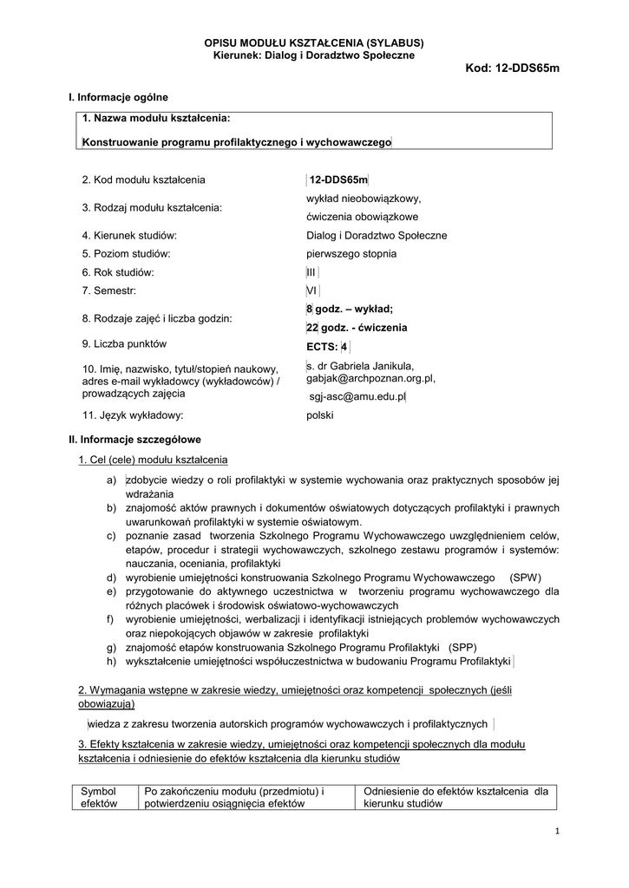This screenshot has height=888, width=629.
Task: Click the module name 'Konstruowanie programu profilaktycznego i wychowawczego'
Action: pos(236,140)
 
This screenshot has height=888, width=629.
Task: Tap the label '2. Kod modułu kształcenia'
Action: pos(143,180)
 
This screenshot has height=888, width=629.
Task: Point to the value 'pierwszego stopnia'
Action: pos(351,254)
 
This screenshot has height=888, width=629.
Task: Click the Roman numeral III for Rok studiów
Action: pos(312,272)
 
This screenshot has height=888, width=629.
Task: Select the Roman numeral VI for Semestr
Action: pos(312,291)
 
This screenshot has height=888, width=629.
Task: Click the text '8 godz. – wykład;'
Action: pos(350,310)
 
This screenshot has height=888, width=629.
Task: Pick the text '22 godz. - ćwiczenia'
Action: pos(356,328)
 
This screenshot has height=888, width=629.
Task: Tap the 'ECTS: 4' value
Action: pos(327,348)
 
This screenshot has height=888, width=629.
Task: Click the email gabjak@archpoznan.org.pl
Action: pos(370,379)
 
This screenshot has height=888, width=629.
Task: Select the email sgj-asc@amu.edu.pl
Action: pos(357,396)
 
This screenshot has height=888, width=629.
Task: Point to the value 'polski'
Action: pos(320,415)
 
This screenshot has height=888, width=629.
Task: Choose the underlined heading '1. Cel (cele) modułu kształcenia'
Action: pos(154,460)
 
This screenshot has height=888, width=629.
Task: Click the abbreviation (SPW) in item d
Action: pos(525,577)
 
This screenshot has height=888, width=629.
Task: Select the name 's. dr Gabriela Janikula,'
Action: pos(360,366)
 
